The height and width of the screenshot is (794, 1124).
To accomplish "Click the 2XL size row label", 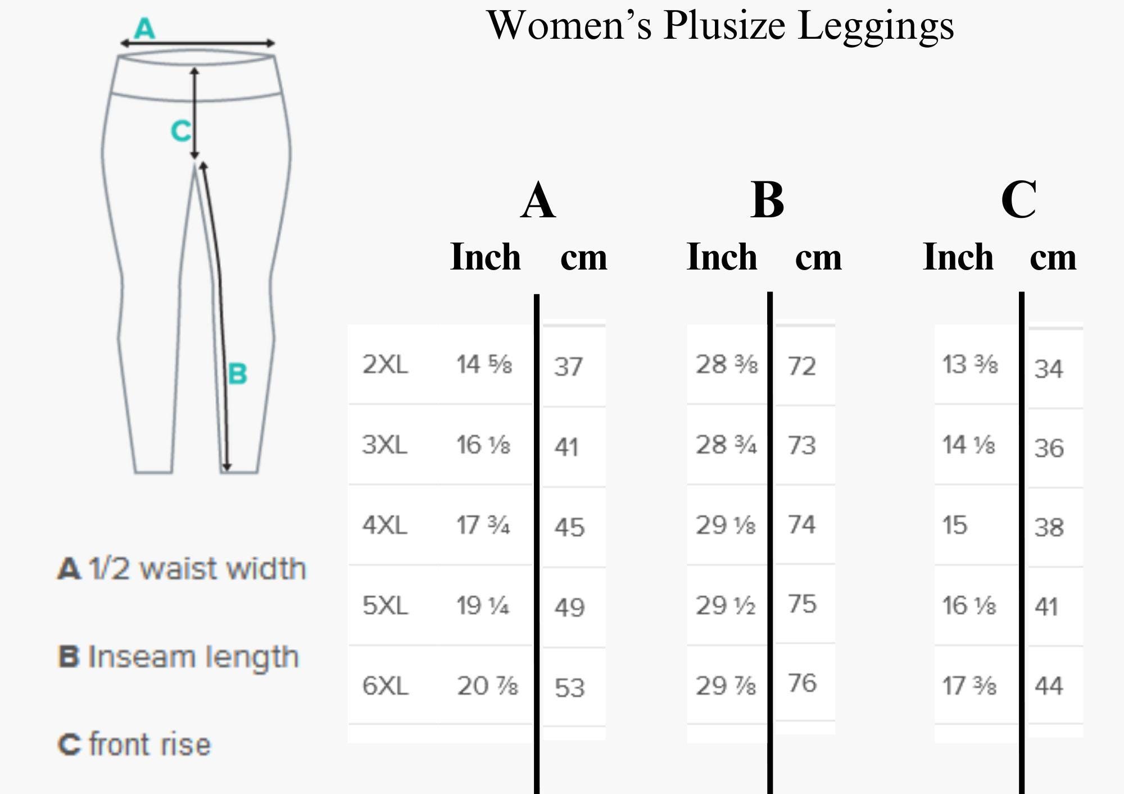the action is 385,364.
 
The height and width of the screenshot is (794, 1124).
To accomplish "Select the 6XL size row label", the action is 385,686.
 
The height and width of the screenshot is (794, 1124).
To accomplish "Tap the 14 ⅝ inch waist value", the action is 484,364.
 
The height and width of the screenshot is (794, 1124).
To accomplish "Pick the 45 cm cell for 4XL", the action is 569,527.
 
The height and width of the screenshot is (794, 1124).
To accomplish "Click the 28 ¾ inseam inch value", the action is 726,445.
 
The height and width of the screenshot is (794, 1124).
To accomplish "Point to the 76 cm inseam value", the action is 802,683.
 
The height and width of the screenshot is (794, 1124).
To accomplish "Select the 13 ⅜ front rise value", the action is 970,364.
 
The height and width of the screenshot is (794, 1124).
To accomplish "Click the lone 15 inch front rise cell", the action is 955,526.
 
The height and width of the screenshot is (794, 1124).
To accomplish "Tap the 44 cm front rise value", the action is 1049,686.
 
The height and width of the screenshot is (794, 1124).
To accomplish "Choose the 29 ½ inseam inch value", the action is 726,605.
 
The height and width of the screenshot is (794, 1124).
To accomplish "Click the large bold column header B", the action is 767,200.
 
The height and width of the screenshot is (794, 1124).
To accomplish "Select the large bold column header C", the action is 1018,200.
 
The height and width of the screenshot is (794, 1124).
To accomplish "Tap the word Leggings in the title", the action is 876,27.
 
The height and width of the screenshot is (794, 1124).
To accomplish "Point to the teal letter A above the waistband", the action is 144,28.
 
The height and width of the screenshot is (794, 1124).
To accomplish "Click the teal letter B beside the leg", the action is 237,373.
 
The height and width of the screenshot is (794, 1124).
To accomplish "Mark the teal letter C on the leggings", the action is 181,131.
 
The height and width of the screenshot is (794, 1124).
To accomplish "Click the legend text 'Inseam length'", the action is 193,657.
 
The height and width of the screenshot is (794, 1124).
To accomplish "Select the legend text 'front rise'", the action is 150,745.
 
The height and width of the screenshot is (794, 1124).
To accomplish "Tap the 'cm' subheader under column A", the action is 584,258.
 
